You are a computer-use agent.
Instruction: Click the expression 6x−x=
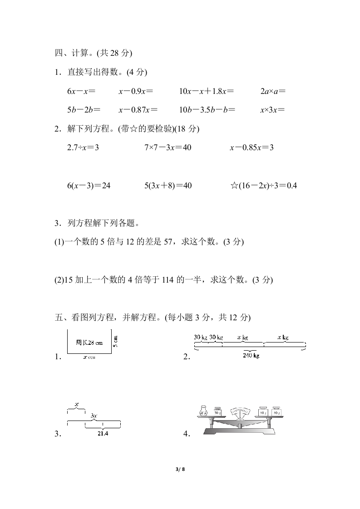(81, 91)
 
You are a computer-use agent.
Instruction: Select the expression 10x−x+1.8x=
(207, 91)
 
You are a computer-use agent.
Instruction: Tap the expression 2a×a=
(273, 91)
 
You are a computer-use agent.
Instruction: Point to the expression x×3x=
(272, 110)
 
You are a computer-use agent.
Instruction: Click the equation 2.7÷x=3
(83, 147)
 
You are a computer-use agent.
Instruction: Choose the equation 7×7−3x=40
(168, 147)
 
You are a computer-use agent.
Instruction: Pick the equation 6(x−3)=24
(89, 186)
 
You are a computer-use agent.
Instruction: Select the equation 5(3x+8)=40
(168, 186)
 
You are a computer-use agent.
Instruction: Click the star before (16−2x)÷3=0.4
(234, 186)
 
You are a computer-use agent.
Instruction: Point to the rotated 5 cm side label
(116, 341)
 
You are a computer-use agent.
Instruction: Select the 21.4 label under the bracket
(103, 433)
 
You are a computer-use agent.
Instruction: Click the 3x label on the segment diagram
(94, 416)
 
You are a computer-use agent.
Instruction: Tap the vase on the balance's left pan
(203, 411)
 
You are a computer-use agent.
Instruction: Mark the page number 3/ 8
(180, 469)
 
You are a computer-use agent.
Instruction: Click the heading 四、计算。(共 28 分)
(93, 53)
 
